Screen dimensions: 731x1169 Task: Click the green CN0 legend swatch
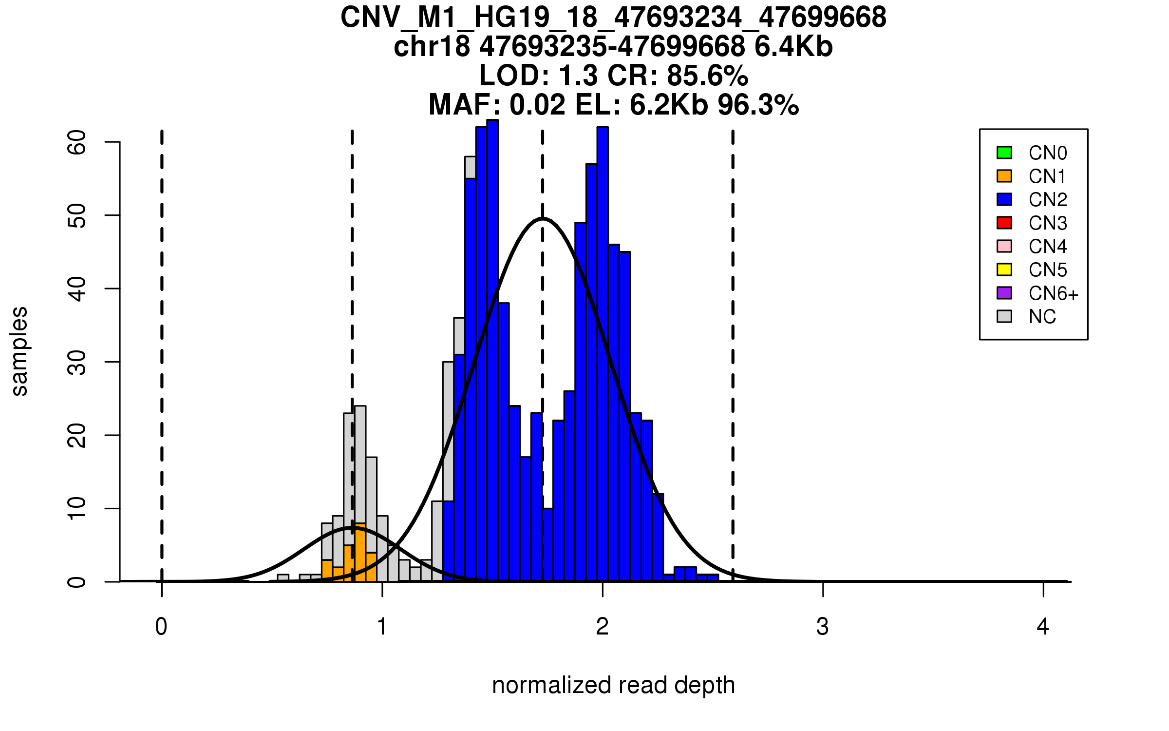[1004, 153]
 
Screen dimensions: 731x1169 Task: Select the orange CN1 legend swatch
[1004, 176]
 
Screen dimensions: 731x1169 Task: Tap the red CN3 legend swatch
[1004, 223]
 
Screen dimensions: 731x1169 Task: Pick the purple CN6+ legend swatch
[1004, 293]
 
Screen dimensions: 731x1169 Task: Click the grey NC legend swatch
[1004, 316]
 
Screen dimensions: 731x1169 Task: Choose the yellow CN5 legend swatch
[1004, 269]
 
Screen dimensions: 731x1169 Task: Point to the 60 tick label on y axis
[77, 142]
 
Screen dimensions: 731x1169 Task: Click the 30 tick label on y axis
[77, 362]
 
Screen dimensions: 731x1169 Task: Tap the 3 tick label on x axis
[823, 627]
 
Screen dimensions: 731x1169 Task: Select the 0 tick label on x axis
[161, 627]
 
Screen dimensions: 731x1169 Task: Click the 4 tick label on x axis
[1043, 627]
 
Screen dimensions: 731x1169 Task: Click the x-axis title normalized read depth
[613, 685]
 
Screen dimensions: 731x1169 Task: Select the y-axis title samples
[19, 351]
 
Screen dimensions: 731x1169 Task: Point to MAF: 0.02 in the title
[497, 105]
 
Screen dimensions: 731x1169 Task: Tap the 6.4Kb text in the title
[793, 47]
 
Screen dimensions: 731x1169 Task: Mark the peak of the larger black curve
[543, 218]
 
